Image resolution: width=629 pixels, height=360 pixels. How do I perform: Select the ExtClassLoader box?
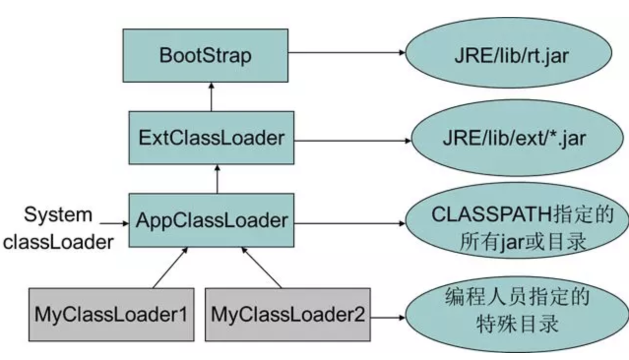(211, 138)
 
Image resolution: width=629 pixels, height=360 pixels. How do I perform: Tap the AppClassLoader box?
(211, 220)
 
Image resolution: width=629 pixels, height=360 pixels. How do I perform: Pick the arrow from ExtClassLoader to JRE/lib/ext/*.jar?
(352, 140)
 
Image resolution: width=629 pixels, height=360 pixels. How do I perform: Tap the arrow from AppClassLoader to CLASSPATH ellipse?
(349, 224)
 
